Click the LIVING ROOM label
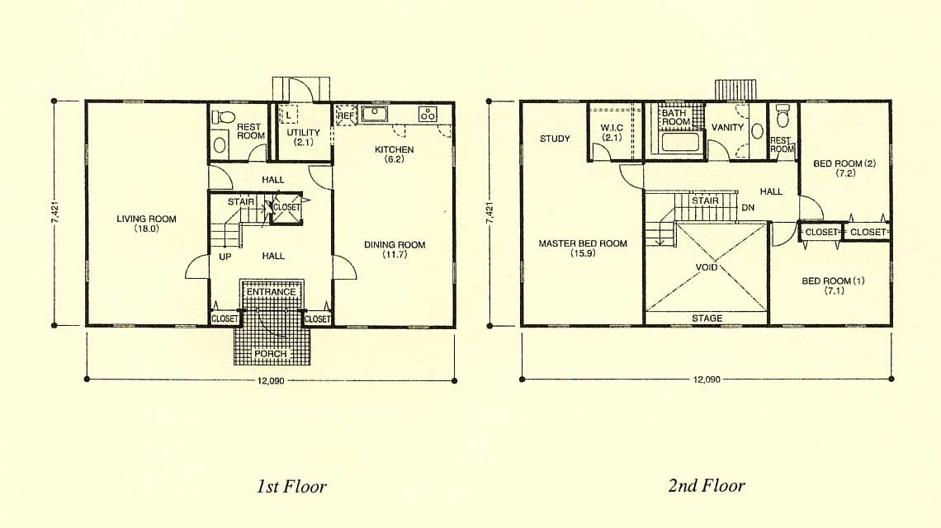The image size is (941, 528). point(146,219)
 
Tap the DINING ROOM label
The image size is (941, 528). point(395,245)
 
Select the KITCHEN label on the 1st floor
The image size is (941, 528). point(395,149)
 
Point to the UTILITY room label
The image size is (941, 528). point(303,133)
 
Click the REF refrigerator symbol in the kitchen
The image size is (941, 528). point(346,115)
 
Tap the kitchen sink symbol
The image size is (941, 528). point(375,114)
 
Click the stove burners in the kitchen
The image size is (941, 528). point(428,114)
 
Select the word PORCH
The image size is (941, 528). point(270,354)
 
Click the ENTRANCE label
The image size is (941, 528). point(272,292)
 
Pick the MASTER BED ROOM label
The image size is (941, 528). point(583,243)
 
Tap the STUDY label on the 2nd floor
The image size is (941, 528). point(555,139)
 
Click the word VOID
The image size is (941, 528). point(707,267)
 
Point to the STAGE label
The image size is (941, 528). point(707,318)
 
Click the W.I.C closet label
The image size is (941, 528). point(612,128)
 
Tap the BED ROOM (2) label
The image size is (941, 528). point(845,163)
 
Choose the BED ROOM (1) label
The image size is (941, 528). point(834,280)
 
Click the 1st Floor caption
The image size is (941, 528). point(291,486)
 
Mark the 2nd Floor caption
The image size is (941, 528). point(707,485)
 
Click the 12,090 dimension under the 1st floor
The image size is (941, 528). point(270,380)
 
